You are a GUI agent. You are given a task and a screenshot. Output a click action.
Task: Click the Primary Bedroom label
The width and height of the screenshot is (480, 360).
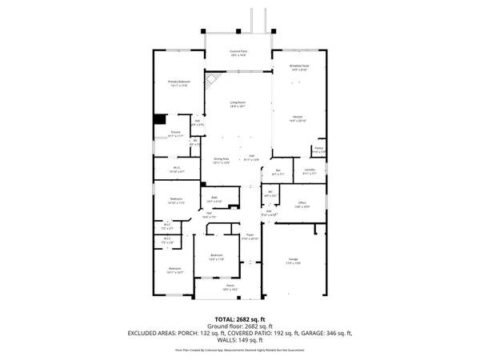pyautogui.click(x=178, y=82)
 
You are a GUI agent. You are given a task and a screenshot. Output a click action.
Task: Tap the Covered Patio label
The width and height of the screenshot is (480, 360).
pyautogui.click(x=238, y=53)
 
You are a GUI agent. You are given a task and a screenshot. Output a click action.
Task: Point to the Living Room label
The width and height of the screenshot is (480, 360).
pyautogui.click(x=238, y=104)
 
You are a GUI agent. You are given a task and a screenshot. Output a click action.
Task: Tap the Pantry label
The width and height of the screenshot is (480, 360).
pyautogui.click(x=318, y=150)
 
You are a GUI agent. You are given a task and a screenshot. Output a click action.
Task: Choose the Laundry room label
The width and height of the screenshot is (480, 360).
pyautogui.click(x=310, y=171)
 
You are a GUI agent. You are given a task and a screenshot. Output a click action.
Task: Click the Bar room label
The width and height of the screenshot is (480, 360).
pyautogui.click(x=278, y=172)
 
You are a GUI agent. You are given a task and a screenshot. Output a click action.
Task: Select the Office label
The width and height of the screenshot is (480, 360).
pyautogui.click(x=302, y=205)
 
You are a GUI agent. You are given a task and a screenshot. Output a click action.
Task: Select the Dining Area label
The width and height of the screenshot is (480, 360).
pyautogui.click(x=221, y=161)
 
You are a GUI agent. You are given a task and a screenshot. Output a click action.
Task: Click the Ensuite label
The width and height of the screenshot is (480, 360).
pyautogui.click(x=175, y=134)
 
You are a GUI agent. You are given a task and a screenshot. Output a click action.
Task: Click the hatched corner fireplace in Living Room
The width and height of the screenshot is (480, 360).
pyautogui.click(x=214, y=81)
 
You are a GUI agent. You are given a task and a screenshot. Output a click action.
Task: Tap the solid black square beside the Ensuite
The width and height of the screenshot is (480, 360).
pyautogui.click(x=158, y=121)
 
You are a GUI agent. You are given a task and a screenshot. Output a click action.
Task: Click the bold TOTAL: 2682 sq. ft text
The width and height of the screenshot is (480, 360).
pyautogui.click(x=240, y=319)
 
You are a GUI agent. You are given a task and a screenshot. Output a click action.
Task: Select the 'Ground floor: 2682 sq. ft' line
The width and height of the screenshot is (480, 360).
pyautogui.click(x=240, y=326)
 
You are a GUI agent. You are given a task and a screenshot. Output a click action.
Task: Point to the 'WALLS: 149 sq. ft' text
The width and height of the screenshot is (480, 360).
pyautogui.click(x=240, y=340)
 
